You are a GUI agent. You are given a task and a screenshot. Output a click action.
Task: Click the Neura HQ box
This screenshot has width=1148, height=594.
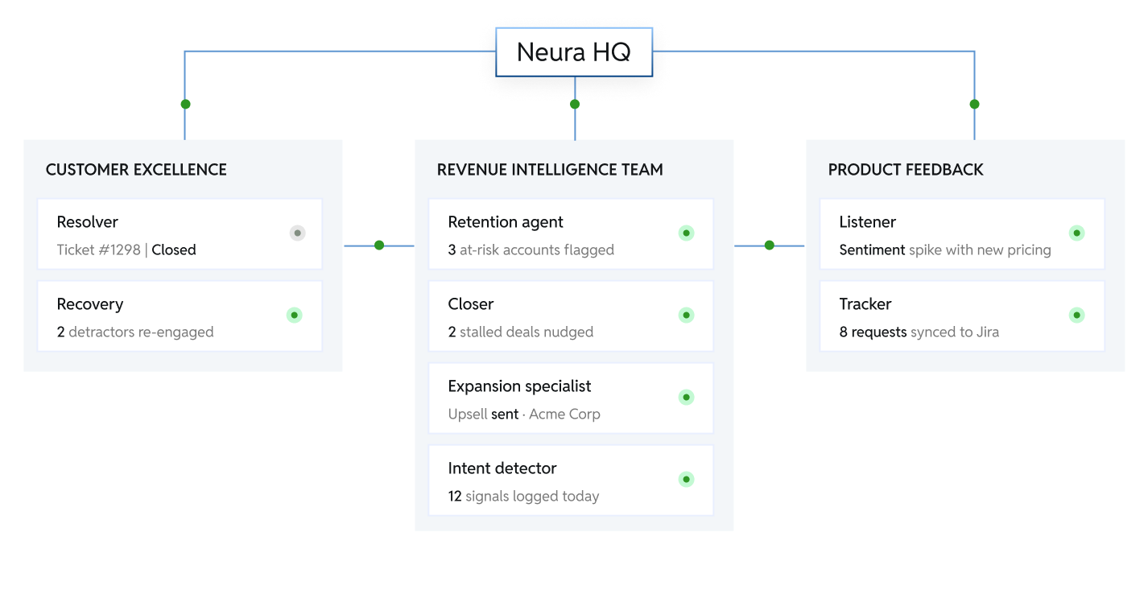tap(573, 52)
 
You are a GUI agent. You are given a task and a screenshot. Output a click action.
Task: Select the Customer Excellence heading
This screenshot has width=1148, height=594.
tap(136, 170)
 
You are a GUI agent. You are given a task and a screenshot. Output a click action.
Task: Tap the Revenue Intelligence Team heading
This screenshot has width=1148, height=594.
tap(550, 170)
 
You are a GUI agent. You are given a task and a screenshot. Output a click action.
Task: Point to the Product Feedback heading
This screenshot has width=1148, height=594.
tap(906, 170)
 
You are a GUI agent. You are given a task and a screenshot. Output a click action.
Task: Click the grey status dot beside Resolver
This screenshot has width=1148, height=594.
tap(297, 233)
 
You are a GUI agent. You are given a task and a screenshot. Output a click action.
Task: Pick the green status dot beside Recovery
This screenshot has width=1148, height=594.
tap(295, 316)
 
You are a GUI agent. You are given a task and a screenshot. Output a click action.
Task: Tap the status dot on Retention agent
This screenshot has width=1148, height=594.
tap(686, 233)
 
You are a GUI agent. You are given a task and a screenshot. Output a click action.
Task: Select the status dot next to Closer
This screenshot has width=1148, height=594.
tap(686, 316)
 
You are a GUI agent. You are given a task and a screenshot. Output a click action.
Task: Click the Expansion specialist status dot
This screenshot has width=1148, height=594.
tap(686, 398)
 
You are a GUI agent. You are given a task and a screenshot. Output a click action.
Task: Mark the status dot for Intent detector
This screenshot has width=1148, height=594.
tap(686, 480)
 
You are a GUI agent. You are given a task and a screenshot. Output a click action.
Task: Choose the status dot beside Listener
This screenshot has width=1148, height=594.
tap(1076, 233)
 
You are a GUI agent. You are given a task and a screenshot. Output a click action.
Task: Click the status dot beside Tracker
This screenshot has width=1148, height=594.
tap(1076, 316)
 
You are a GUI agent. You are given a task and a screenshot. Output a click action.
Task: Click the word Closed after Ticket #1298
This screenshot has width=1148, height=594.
tap(174, 250)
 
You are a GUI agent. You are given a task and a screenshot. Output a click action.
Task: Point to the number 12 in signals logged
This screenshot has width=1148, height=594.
tap(455, 496)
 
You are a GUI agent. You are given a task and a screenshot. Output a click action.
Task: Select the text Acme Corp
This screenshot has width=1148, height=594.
tap(564, 414)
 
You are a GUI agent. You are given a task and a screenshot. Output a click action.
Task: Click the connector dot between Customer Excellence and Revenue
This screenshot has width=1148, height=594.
tap(379, 245)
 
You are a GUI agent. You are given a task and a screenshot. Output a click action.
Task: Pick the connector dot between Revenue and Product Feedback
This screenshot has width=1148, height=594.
tap(770, 245)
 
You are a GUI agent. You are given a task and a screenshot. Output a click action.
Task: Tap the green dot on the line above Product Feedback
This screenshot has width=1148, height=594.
tap(974, 104)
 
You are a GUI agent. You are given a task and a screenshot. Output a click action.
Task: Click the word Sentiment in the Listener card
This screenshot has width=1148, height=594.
tap(872, 250)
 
